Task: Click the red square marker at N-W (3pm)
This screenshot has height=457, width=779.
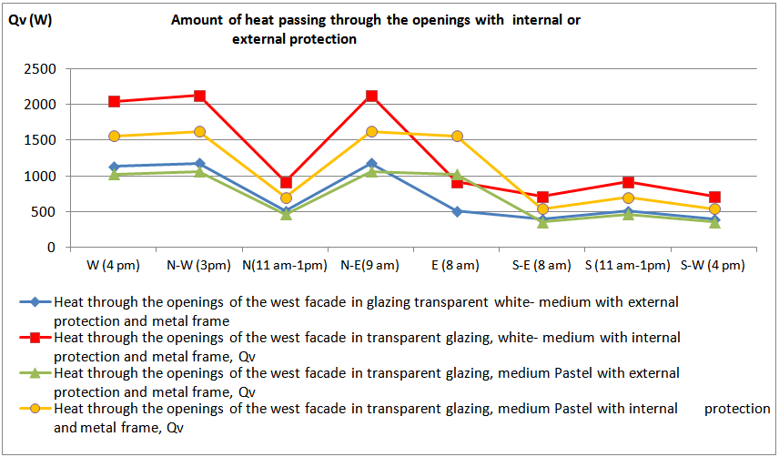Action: (200, 96)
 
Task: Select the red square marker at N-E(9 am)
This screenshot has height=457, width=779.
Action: (371, 96)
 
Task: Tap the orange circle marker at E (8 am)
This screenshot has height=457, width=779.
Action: (457, 137)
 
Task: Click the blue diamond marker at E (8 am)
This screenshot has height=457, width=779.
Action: (457, 211)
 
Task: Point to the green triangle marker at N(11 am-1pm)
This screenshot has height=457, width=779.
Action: (286, 214)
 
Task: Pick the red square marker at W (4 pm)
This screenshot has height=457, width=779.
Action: (115, 101)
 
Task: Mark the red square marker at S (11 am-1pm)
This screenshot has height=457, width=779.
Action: (629, 182)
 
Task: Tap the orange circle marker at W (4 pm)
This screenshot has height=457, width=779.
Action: (115, 137)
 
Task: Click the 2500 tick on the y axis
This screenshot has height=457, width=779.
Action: (41, 69)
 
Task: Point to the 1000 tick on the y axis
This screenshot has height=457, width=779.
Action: (41, 176)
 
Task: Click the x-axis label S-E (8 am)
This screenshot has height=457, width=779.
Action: (542, 266)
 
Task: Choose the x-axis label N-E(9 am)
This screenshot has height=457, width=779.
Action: (371, 266)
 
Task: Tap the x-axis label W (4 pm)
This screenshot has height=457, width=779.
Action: (115, 266)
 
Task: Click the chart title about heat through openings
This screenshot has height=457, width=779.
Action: (375, 29)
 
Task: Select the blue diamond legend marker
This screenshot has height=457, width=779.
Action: (34, 301)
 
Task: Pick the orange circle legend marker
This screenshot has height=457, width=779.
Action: (34, 409)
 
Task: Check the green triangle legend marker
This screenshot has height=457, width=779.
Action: (34, 372)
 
